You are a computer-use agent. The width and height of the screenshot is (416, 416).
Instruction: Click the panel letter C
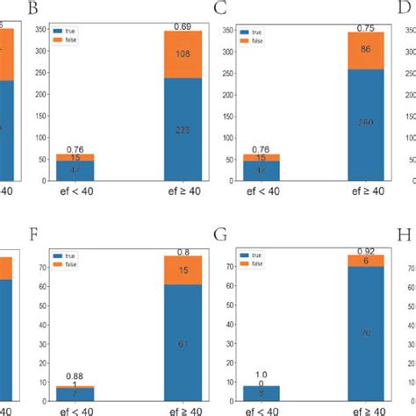click(220, 10)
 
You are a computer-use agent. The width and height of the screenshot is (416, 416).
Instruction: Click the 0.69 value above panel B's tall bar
click(183, 26)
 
